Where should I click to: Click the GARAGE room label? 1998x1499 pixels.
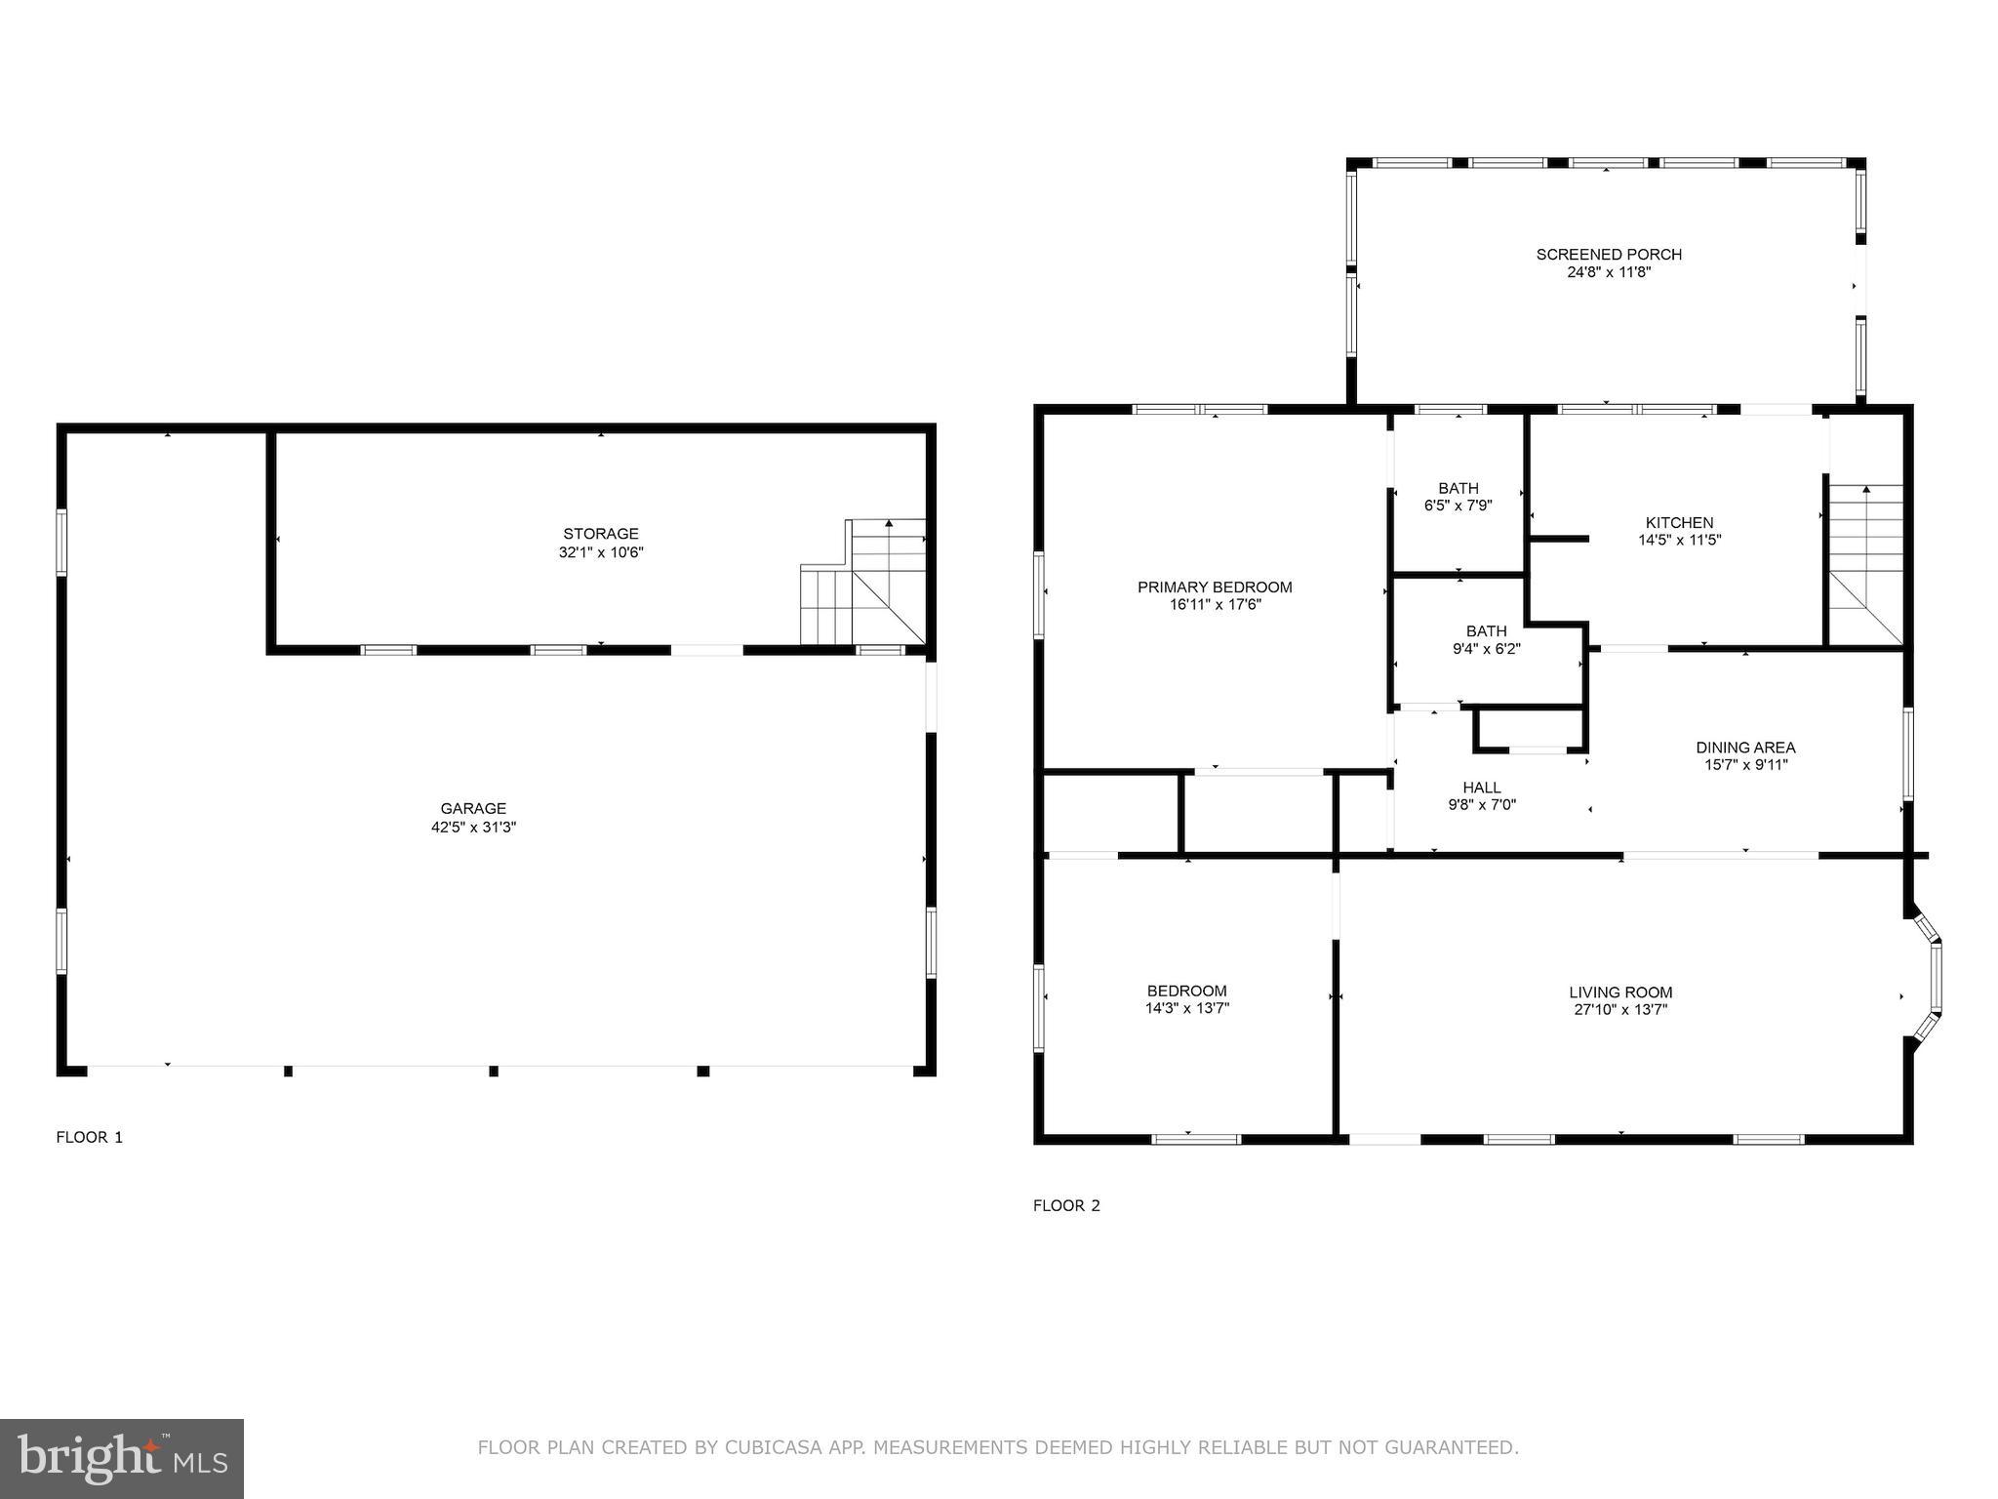pos(473,808)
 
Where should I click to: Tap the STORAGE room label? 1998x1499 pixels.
pos(601,534)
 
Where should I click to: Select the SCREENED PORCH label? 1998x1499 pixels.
pos(1609,255)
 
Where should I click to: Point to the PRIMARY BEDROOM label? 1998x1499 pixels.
pos(1215,587)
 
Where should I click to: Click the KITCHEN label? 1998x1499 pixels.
pos(1679,523)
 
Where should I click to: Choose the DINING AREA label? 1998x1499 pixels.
pos(1745,748)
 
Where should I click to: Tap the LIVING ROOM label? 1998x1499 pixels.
pos(1620,993)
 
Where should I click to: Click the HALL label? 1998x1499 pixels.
pos(1482,788)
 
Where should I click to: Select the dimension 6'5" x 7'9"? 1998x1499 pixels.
pos(1459,506)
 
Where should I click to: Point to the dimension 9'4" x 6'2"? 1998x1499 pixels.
pos(1486,648)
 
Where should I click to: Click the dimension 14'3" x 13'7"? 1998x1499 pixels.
pos(1187,1008)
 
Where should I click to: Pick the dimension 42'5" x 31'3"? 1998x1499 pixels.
pos(473,827)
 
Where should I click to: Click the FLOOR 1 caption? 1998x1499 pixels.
pos(90,1137)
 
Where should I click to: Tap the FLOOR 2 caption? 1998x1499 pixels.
pos(1066,1205)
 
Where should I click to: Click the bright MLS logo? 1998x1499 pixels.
pos(122,1458)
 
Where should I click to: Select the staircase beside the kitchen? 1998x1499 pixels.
pos(1864,564)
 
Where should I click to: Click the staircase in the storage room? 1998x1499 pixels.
pos(862,582)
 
